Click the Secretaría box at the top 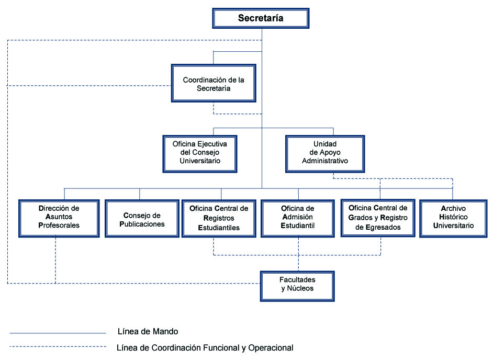(x=261, y=18)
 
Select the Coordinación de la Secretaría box (x=214, y=84)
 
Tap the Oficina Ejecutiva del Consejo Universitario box (x=200, y=154)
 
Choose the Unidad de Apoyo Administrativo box (x=325, y=154)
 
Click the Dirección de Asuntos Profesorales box (x=59, y=218)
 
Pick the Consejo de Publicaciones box (x=142, y=218)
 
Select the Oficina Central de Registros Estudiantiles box (x=219, y=218)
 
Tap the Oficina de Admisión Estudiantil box (x=298, y=218)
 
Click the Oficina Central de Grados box (x=378, y=218)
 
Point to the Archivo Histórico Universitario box (x=453, y=218)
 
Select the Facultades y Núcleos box (x=297, y=286)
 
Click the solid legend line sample (x=58, y=333)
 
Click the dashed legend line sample (x=58, y=347)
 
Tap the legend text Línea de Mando (x=148, y=331)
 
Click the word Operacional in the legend (x=271, y=348)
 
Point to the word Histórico (x=453, y=217)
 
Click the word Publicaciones (x=142, y=224)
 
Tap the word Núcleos (x=300, y=288)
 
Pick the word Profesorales (x=59, y=225)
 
